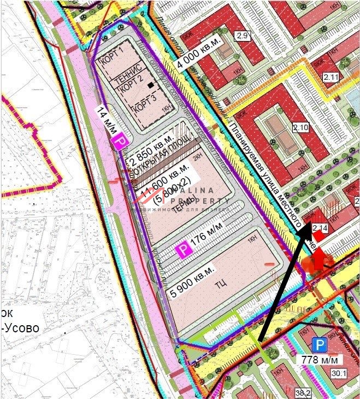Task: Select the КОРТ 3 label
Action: point(145,102)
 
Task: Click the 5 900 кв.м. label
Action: point(193,278)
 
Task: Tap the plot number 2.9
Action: point(242,36)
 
